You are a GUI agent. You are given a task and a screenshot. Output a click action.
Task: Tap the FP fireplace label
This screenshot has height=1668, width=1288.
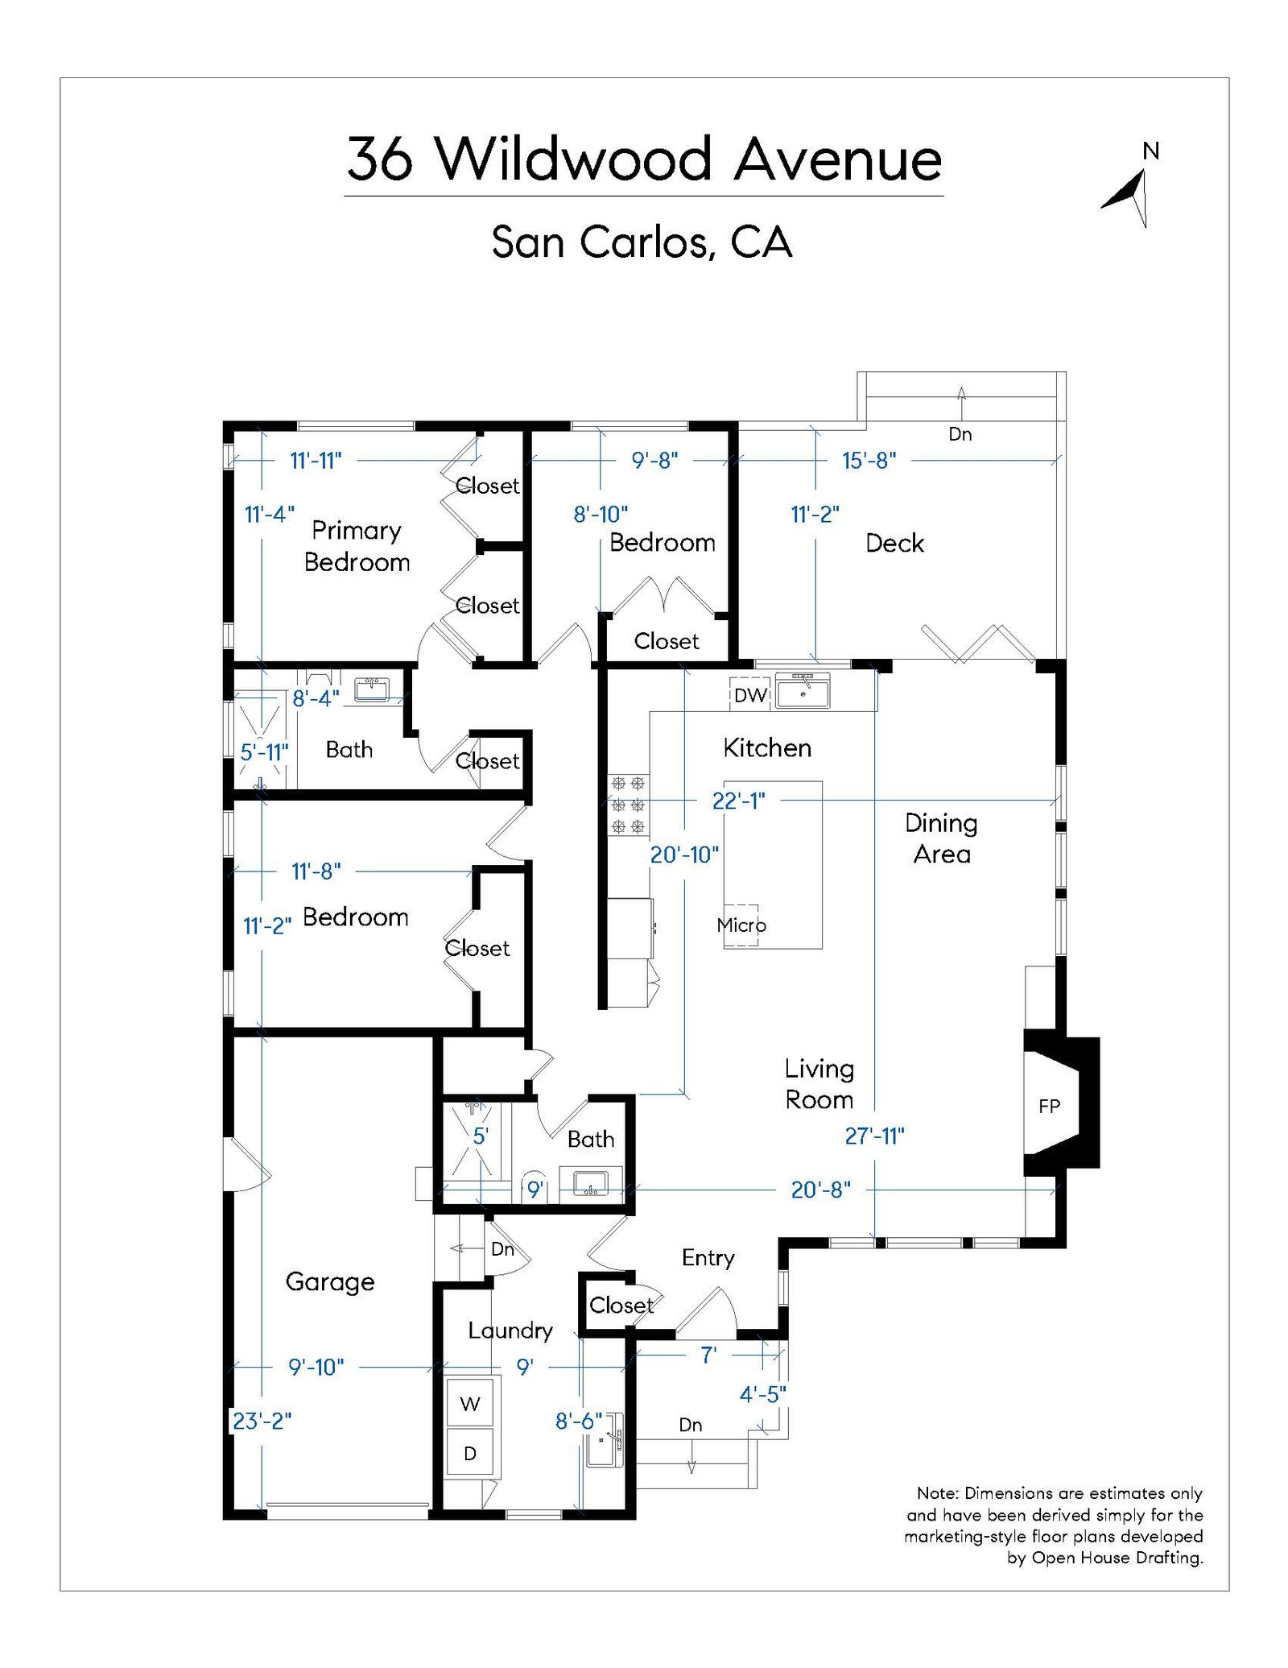[x=1048, y=1107]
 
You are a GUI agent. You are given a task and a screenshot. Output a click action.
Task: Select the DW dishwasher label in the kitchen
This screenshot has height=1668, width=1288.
[x=749, y=695]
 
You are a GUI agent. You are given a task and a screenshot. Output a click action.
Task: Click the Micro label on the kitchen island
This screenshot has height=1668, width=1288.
[x=741, y=925]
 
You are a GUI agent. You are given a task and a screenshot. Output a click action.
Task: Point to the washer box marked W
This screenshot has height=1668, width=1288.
[x=470, y=1405]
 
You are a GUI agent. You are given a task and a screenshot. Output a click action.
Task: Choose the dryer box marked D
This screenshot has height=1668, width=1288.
[x=470, y=1454]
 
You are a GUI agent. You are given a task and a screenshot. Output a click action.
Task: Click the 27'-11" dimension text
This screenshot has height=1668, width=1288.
[x=874, y=1136]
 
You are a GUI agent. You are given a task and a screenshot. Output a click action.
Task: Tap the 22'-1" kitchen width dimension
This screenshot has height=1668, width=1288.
[x=738, y=801]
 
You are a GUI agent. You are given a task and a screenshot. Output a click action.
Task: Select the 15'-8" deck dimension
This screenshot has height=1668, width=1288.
[x=869, y=461]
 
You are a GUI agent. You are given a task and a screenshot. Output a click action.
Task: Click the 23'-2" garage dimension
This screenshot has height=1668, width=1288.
[x=262, y=1421]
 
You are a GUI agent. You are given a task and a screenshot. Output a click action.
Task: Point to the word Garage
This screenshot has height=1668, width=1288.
[x=330, y=1281]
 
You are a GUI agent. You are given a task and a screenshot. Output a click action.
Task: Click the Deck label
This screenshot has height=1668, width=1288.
[x=894, y=543]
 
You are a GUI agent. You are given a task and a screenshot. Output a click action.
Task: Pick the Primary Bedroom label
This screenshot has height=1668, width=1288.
[x=357, y=546]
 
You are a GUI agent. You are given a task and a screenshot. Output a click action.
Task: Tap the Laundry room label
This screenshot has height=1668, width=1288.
[x=510, y=1331]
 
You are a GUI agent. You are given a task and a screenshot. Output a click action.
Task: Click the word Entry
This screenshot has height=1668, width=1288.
[x=708, y=1258]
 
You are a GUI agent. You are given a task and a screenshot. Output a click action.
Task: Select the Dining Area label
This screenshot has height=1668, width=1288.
[x=941, y=838]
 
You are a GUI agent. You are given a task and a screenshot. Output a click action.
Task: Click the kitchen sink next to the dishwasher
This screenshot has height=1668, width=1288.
[x=803, y=692]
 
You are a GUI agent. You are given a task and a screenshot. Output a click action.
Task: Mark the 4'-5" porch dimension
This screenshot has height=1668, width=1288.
[x=762, y=1394]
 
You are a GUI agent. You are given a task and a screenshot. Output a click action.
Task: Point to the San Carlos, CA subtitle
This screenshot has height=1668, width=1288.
[x=642, y=242]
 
